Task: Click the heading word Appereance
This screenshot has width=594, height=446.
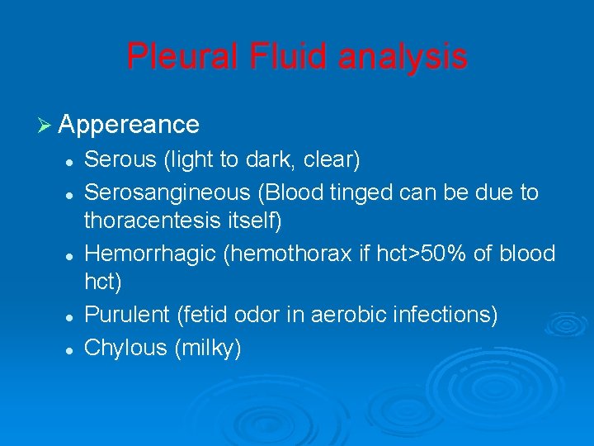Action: point(129,125)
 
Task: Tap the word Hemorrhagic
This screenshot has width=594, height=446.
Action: point(150,254)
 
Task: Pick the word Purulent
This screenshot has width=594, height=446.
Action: point(127,315)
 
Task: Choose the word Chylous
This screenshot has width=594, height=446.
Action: point(125,348)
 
